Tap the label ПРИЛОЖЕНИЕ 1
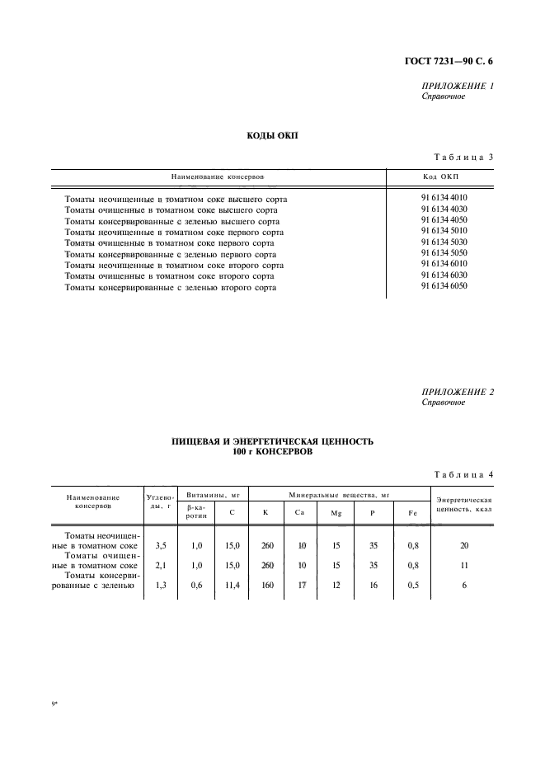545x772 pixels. (457, 86)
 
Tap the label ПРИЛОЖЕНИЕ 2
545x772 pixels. (457, 392)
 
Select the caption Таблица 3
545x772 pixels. (463, 158)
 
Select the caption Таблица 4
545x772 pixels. (463, 473)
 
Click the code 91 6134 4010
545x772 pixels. (444, 198)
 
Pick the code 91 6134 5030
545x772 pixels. (444, 243)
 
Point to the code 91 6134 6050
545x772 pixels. (444, 287)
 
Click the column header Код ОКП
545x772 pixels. (439, 177)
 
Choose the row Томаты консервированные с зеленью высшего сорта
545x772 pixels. (171, 221)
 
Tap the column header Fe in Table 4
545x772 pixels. (412, 513)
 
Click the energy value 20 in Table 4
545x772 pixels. (464, 546)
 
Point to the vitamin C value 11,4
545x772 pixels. (232, 586)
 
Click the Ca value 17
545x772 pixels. (301, 586)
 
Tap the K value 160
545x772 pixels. (266, 586)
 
